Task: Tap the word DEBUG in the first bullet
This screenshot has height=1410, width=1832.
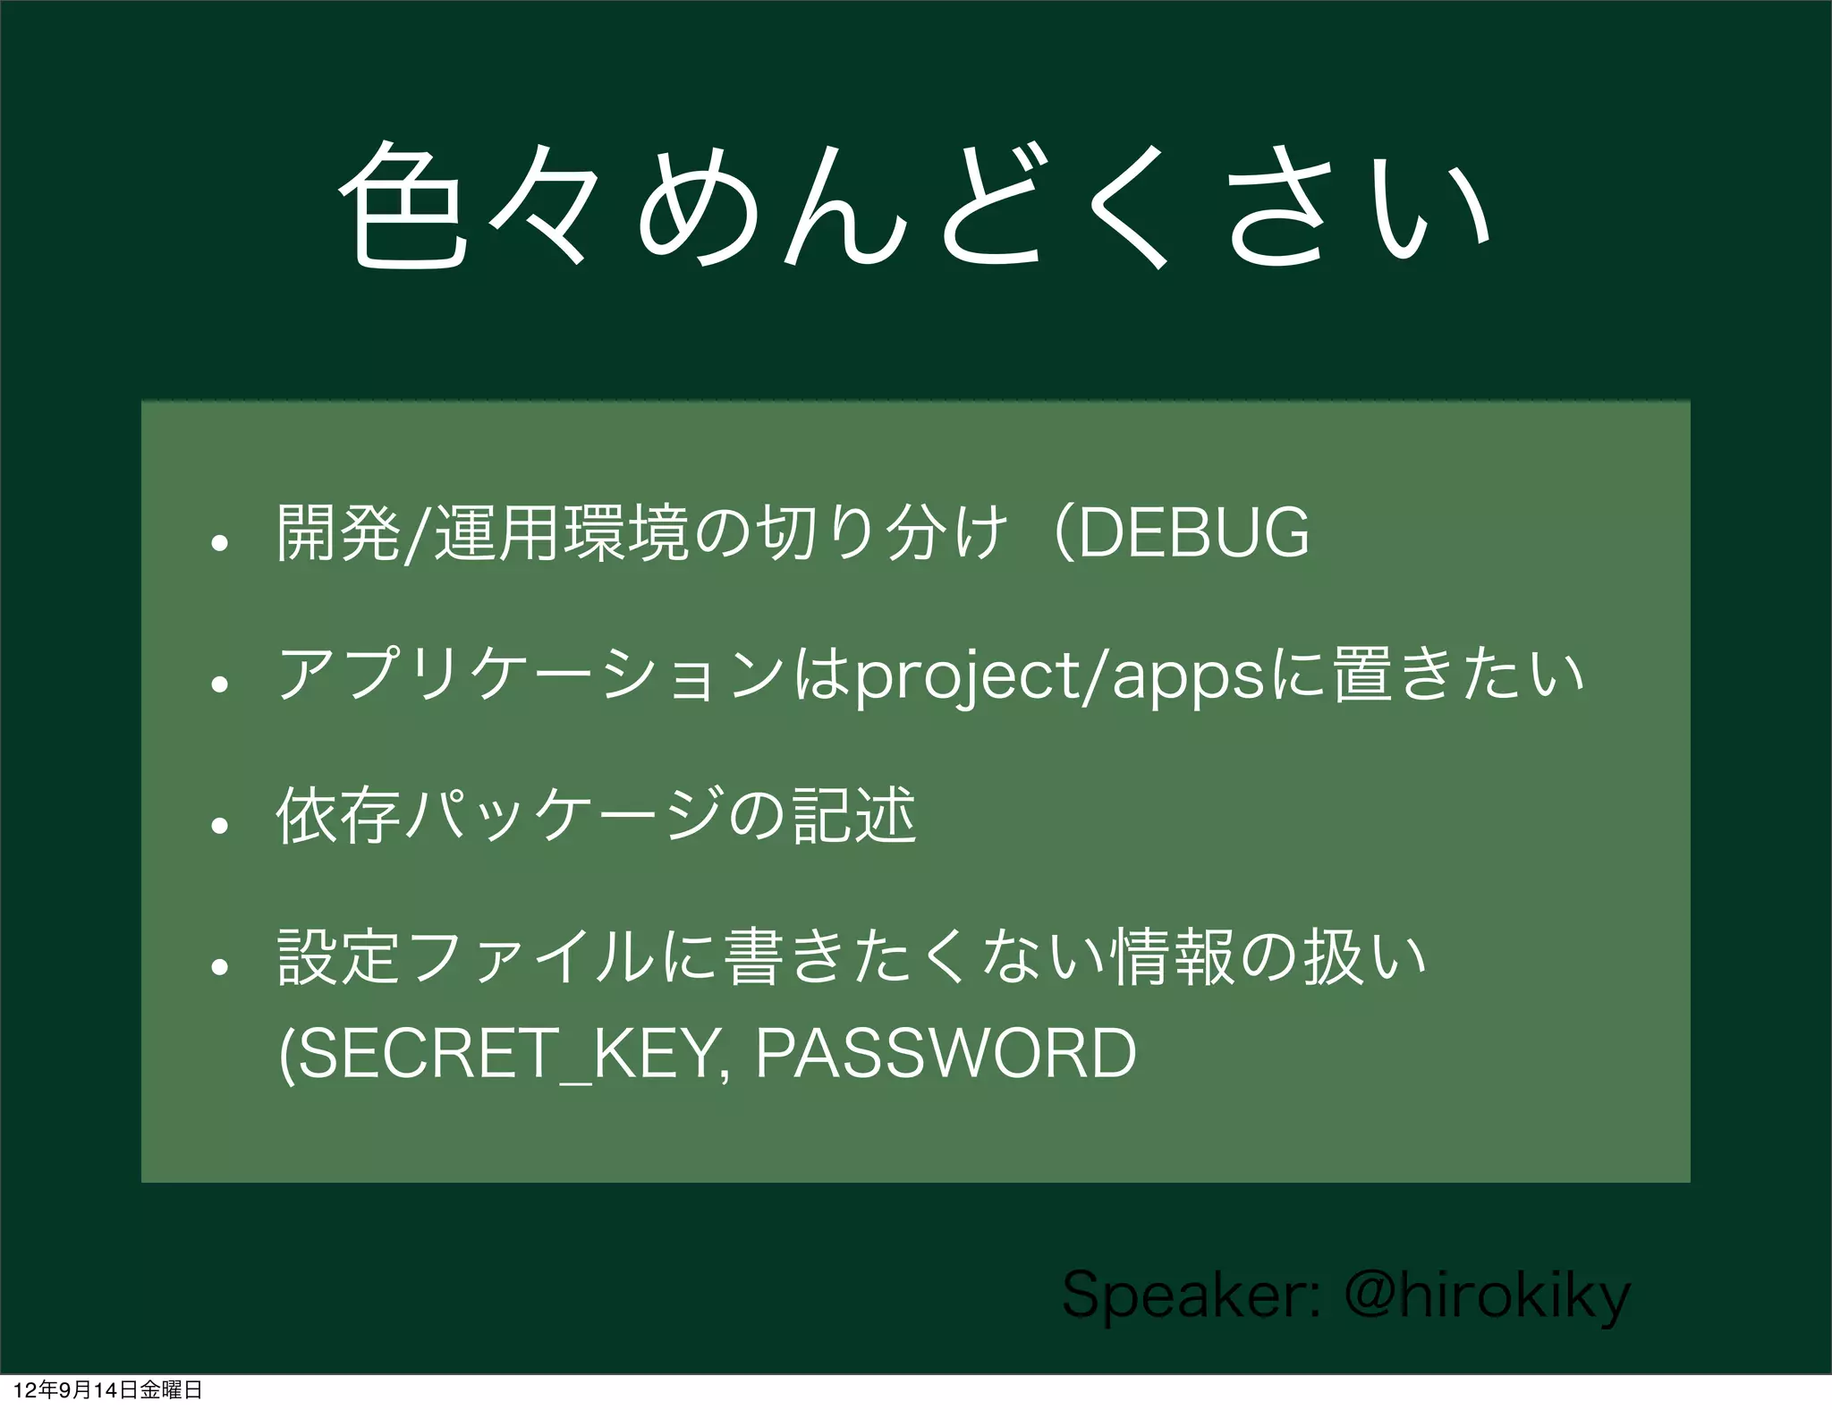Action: pos(1194,533)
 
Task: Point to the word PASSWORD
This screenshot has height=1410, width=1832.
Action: pos(946,1053)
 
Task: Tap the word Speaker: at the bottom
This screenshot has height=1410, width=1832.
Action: pos(1191,1295)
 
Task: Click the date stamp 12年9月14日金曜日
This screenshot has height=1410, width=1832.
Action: pos(107,1389)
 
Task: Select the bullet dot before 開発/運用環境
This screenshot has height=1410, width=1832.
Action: pos(220,542)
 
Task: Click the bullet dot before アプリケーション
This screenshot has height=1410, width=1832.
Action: pos(220,684)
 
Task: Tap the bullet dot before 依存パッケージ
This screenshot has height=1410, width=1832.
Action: pos(220,825)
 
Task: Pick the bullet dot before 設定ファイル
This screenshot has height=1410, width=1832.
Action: pos(220,967)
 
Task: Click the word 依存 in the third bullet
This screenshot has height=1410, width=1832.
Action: pos(337,816)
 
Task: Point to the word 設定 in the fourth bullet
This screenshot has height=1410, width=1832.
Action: pos(337,957)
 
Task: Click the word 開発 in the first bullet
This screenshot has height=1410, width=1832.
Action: pos(337,533)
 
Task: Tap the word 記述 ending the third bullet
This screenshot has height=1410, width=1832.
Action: pos(855,816)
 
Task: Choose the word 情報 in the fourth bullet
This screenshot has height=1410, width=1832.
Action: pos(1173,957)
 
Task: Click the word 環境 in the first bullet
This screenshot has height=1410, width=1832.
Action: pos(626,533)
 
